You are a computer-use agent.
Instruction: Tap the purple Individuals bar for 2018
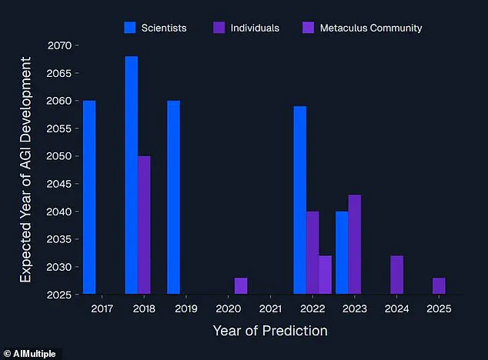(x=144, y=225)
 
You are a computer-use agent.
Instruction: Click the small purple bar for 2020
(x=241, y=285)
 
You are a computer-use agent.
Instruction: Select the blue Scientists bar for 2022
(x=299, y=200)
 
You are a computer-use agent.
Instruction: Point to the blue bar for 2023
(x=342, y=252)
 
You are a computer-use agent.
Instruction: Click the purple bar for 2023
(x=354, y=244)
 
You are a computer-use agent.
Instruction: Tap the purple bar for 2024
(x=396, y=275)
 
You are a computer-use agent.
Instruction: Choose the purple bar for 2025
(x=439, y=285)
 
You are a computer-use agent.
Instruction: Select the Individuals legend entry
(x=246, y=28)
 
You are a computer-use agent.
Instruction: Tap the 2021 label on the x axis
(x=270, y=308)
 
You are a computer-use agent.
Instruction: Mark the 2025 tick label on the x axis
(x=439, y=308)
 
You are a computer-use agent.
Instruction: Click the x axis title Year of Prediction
(x=270, y=331)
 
